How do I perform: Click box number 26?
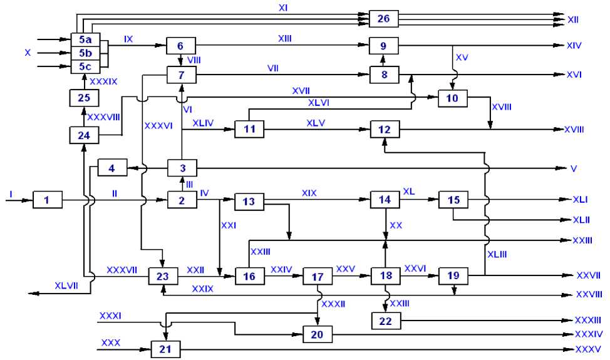pos(384,19)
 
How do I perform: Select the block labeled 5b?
pos(84,53)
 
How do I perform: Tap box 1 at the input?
pos(47,200)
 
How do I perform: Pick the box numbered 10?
pos(453,98)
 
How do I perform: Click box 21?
pos(165,349)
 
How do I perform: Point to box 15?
pos(453,200)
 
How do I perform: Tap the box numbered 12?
pos(385,130)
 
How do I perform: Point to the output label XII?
pos(572,20)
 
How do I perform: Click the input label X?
pos(28,53)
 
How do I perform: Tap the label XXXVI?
pos(158,125)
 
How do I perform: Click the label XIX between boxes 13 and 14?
pos(309,193)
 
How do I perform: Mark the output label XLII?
pos(582,220)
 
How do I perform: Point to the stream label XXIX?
pos(202,288)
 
